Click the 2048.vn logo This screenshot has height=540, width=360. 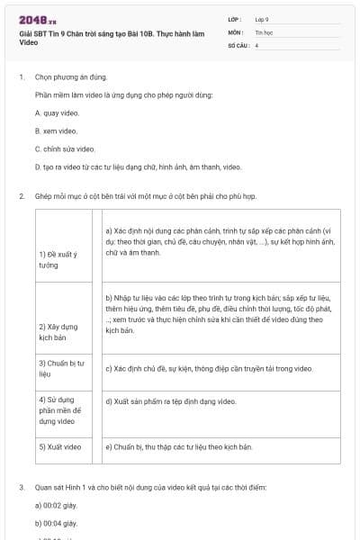coord(38,20)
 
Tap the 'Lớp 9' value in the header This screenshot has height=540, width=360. coord(262,18)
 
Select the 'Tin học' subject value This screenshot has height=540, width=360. coord(265,31)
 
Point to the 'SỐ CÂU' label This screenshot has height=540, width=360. coord(238,44)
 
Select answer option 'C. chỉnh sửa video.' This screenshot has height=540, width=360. coord(65,148)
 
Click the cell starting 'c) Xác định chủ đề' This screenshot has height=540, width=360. coord(209,368)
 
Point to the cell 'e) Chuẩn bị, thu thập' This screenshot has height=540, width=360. coord(178,446)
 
